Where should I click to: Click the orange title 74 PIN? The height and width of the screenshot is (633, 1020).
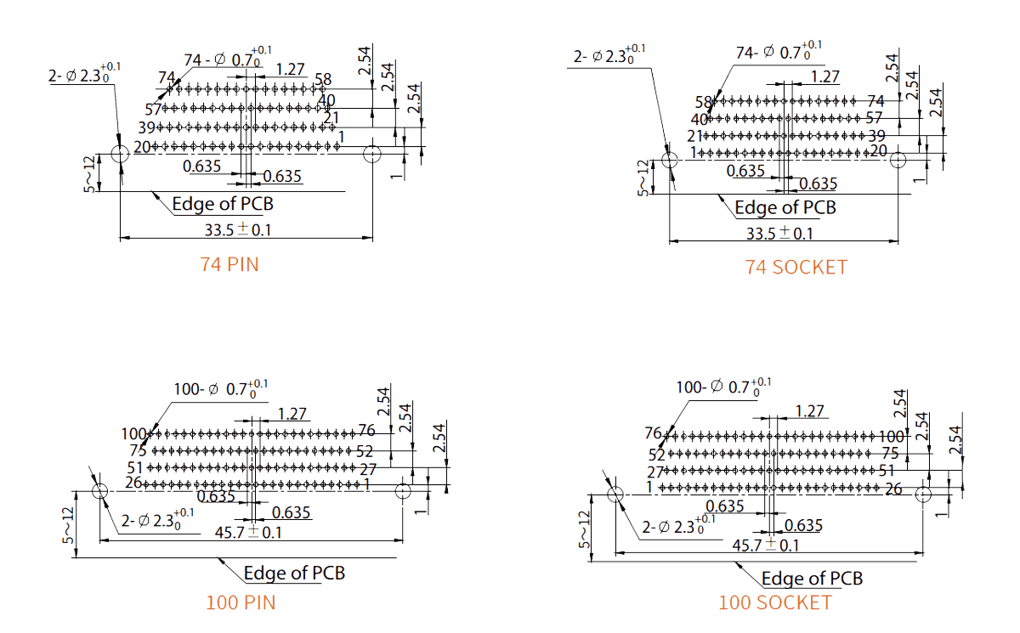coord(229,264)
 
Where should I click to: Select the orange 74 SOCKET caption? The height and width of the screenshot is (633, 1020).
coord(796,267)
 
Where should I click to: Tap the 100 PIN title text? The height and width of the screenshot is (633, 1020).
coord(241,603)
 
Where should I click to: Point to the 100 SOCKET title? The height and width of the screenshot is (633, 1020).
coord(774,602)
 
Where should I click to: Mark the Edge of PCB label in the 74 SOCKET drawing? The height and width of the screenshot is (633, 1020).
coord(785,207)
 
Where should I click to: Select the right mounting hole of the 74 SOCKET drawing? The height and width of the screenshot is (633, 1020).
coord(899,158)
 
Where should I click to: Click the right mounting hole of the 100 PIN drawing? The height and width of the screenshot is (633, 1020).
coord(403,491)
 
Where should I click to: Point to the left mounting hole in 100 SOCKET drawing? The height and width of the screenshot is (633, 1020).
coord(615,494)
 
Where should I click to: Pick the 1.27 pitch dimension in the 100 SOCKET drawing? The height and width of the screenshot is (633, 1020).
coord(809,411)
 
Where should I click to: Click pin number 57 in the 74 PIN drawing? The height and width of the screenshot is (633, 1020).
coord(153,110)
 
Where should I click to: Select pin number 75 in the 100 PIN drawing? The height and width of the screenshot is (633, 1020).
coord(138,450)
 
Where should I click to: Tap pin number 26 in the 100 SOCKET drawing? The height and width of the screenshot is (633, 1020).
coord(893,489)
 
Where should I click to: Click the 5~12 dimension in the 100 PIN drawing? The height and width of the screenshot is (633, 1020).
coord(68,526)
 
